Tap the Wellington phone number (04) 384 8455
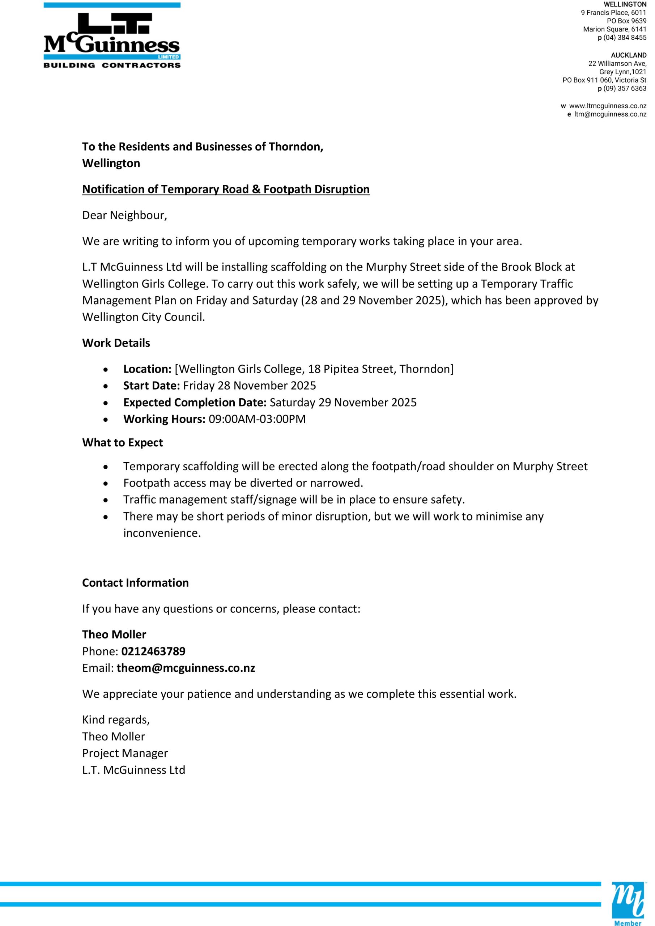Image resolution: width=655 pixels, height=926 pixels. click(x=624, y=38)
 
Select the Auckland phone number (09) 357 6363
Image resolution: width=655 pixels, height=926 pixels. click(x=624, y=88)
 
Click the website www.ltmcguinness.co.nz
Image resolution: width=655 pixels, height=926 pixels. click(x=607, y=106)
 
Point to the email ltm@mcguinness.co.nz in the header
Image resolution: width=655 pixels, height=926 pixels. click(x=610, y=114)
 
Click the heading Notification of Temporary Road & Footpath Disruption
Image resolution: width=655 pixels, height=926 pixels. click(x=226, y=189)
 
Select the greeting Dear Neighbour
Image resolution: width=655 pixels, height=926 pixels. click(x=124, y=215)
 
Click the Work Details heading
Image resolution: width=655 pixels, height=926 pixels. click(x=116, y=343)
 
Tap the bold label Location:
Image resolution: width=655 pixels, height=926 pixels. click(x=148, y=369)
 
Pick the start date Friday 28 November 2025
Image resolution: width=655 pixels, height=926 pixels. click(x=249, y=386)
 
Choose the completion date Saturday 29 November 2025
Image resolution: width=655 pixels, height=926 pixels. click(x=343, y=403)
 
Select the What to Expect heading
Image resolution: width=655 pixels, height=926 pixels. click(x=123, y=442)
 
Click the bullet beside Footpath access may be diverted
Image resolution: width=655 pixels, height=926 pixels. click(x=106, y=483)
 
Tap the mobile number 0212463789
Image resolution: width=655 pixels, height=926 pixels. click(x=153, y=651)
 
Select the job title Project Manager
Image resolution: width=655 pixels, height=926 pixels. click(x=125, y=753)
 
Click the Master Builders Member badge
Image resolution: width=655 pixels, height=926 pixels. click(x=628, y=904)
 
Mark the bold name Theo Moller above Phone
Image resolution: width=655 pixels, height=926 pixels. click(x=114, y=634)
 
